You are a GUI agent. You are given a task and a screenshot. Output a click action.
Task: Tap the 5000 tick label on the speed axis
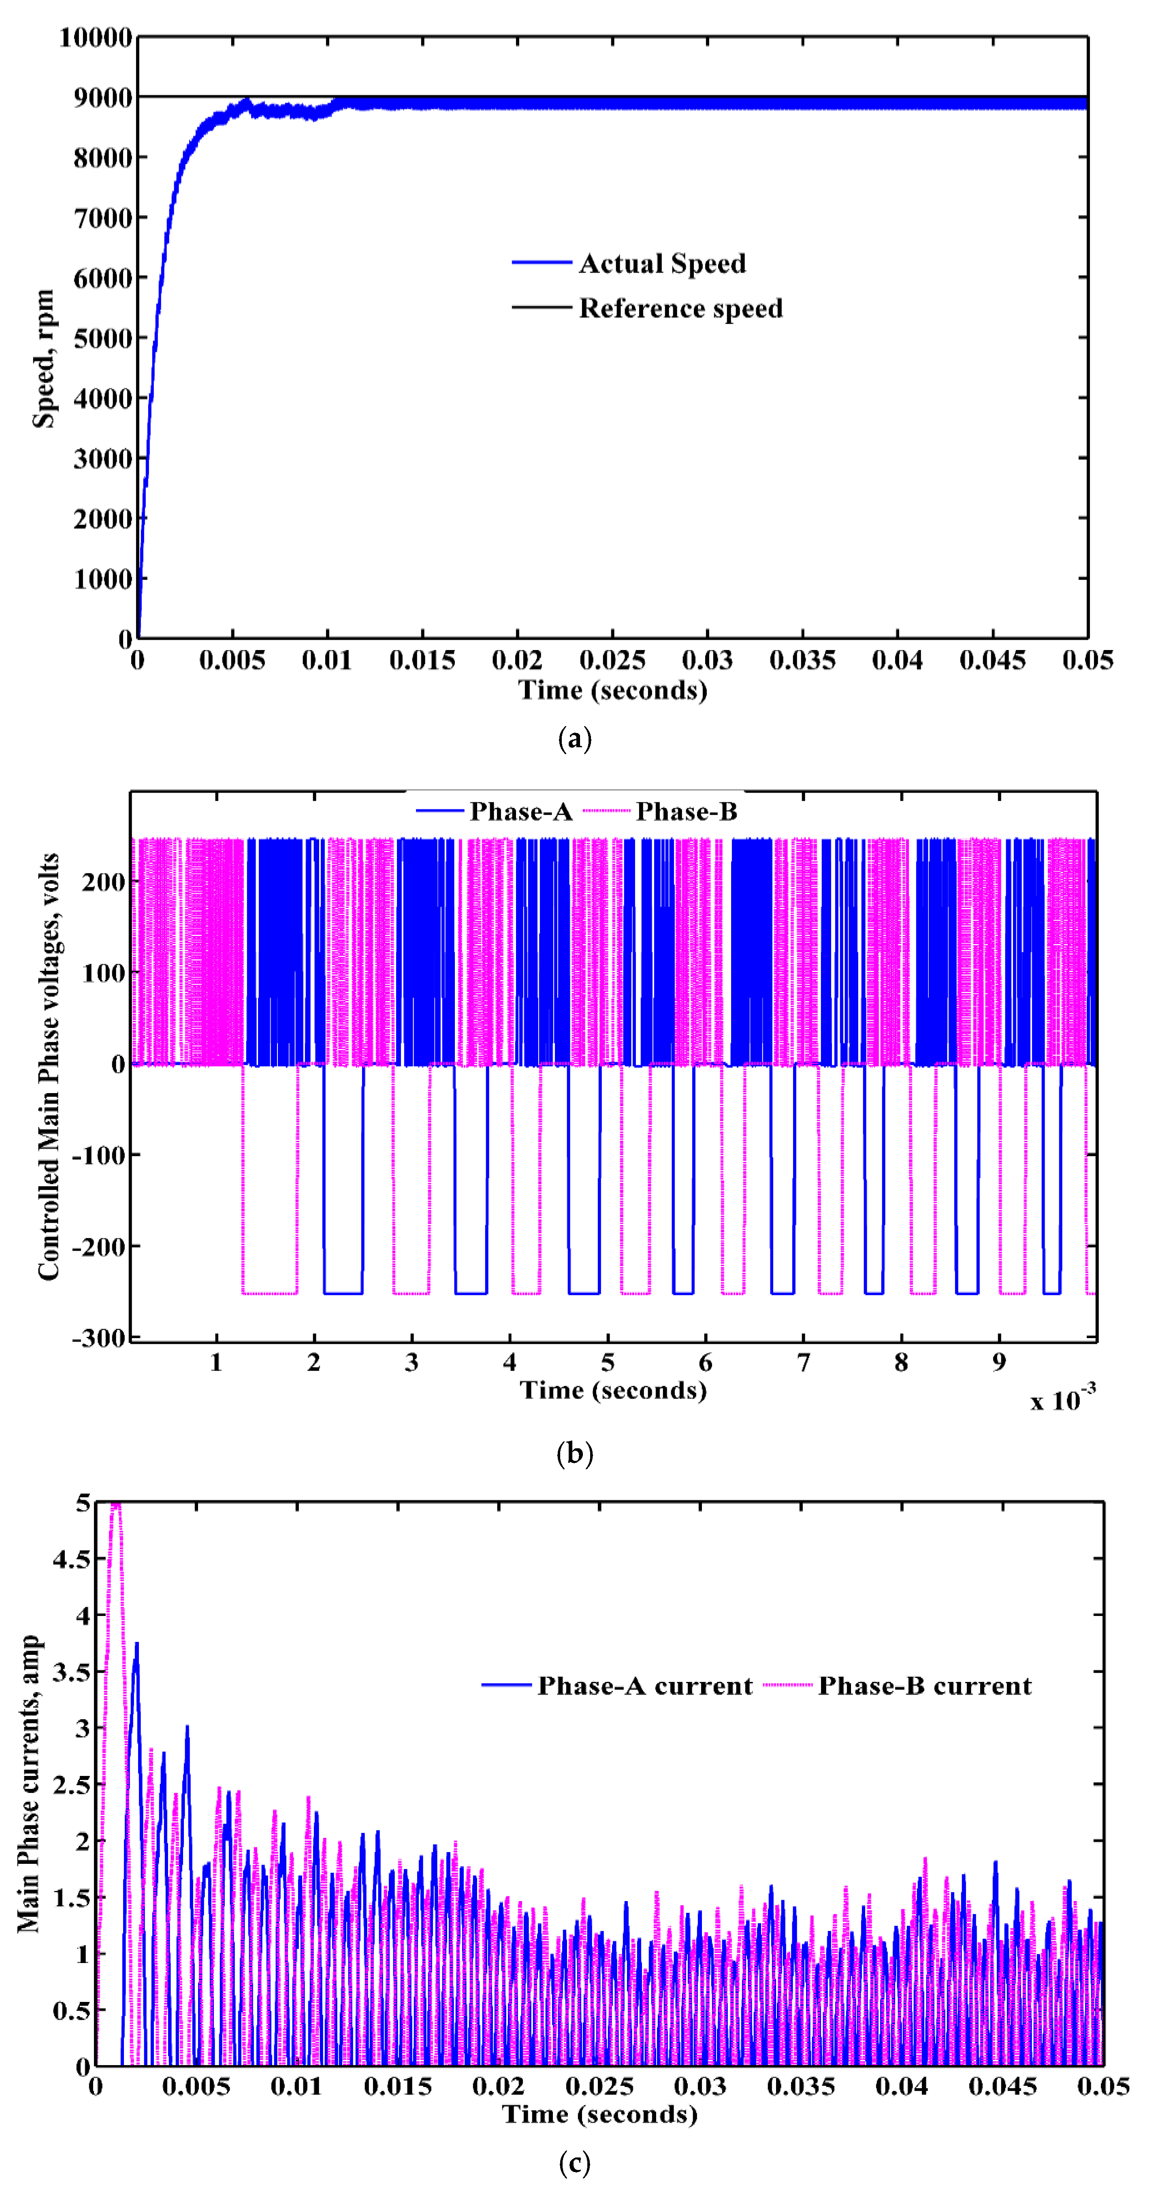click(x=102, y=339)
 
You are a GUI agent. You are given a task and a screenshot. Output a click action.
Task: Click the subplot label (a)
click(x=575, y=739)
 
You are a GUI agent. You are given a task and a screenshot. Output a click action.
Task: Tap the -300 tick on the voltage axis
click(x=98, y=1338)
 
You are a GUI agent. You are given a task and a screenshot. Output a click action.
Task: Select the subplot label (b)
click(x=575, y=1453)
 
